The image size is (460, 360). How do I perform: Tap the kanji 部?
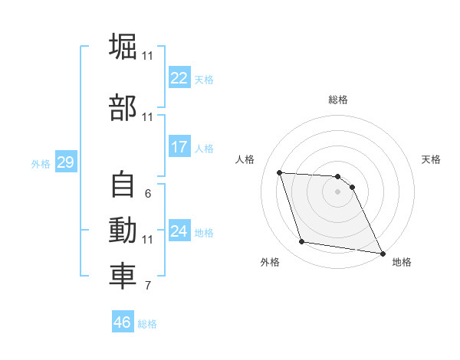(x=123, y=108)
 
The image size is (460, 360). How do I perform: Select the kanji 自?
(x=123, y=185)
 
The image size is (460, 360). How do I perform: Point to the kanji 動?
(x=123, y=231)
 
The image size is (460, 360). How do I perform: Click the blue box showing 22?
(x=179, y=79)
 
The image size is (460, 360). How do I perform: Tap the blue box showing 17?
(x=179, y=147)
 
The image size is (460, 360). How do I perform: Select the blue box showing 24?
(x=179, y=231)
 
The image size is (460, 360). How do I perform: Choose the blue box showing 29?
(x=65, y=162)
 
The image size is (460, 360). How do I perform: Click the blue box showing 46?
(x=123, y=322)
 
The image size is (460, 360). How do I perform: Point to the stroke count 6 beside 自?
(x=147, y=194)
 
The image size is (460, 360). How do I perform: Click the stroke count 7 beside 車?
(x=147, y=286)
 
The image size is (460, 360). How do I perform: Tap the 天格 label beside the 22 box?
(x=203, y=80)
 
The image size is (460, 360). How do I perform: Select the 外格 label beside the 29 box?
(x=41, y=163)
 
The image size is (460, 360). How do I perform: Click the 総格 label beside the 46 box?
(x=147, y=323)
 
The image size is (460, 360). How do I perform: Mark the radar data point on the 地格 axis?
(x=383, y=253)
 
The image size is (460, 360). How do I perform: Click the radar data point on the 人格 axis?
(x=280, y=173)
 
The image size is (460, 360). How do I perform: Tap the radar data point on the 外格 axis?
(x=302, y=242)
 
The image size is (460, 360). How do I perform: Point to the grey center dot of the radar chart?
(x=337, y=192)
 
